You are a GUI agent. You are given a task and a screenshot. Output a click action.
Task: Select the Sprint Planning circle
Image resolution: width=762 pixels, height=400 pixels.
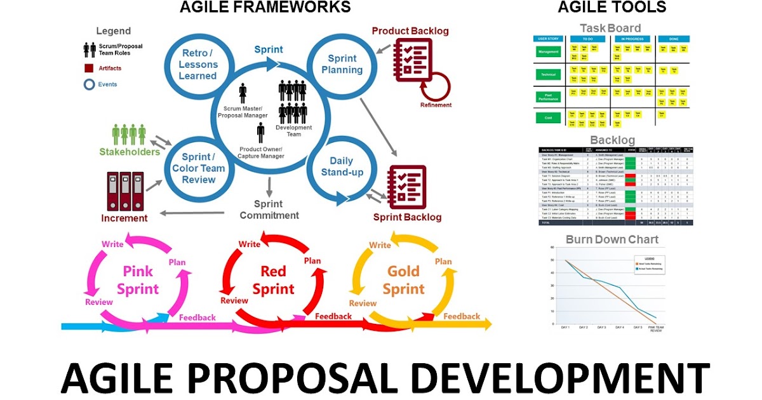coord(342,63)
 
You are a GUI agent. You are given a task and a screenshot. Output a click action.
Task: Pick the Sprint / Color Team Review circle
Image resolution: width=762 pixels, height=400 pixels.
coord(199,168)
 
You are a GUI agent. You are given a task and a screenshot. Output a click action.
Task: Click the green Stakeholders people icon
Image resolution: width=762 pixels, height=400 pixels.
coord(129,135)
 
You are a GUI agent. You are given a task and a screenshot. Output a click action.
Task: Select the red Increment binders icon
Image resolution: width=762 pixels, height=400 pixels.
coord(124,191)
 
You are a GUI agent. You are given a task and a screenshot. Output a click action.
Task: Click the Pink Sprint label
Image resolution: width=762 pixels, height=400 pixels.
coord(138,280)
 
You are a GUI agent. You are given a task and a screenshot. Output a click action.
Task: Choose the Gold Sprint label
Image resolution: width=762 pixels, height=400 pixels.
coord(403,280)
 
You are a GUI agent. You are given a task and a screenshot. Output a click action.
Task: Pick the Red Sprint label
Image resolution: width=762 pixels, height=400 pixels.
coord(273,280)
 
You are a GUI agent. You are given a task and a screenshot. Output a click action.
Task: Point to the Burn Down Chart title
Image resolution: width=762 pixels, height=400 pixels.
coord(612,239)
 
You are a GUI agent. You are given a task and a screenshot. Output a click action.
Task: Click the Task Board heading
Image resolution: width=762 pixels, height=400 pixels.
coord(610,28)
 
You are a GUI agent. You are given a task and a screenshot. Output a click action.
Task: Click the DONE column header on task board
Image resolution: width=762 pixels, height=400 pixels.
coord(673,39)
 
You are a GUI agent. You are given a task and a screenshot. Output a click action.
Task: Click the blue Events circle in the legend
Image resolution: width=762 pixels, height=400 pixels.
coord(89,84)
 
